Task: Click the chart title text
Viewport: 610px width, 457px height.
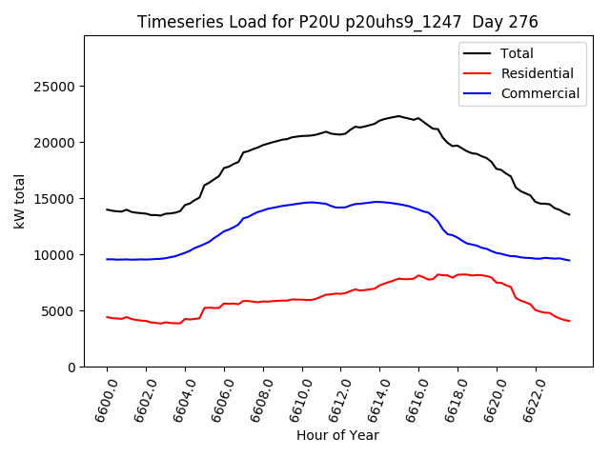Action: pos(337,22)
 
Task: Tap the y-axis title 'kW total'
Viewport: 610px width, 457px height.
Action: pos(20,202)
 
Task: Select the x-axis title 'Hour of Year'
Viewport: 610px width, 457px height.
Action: pos(337,435)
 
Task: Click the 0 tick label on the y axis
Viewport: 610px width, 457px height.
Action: pos(72,368)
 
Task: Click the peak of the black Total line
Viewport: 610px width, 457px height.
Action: pos(398,116)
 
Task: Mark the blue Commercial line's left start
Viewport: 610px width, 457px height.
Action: pos(108,259)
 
